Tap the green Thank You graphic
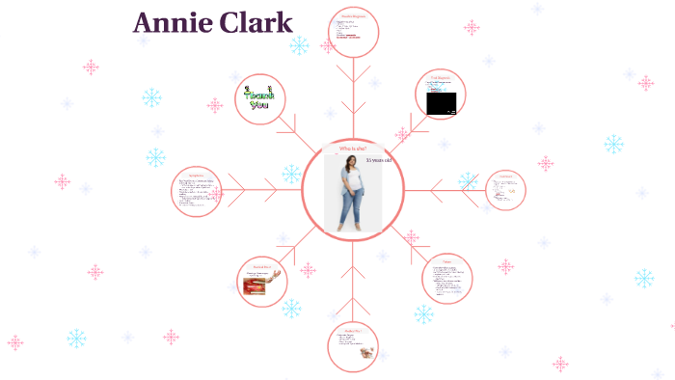(x=257, y=99)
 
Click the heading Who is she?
(x=352, y=149)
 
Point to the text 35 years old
(x=378, y=160)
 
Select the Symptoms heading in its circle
(x=197, y=176)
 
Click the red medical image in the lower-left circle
(x=257, y=283)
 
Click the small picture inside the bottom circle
(x=367, y=353)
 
